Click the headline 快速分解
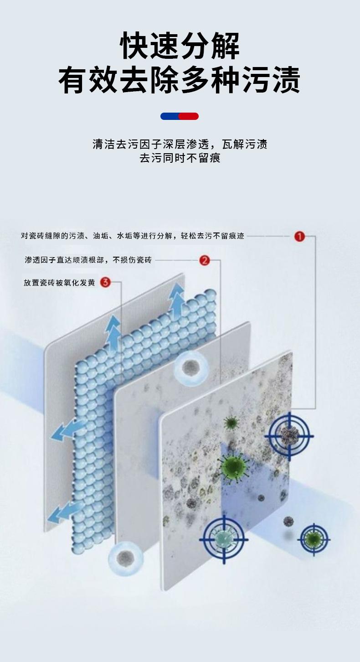click(x=180, y=46)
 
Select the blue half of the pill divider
click(x=170, y=116)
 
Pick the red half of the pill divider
click(x=189, y=116)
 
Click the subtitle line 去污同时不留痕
click(x=180, y=158)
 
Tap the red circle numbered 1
click(x=299, y=236)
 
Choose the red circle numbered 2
click(x=205, y=260)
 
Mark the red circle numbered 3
click(x=105, y=282)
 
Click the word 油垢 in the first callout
click(x=100, y=236)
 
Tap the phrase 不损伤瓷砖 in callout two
click(x=132, y=260)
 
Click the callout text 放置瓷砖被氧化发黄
click(x=59, y=283)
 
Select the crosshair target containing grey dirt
click(x=289, y=435)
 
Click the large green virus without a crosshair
click(x=233, y=465)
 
